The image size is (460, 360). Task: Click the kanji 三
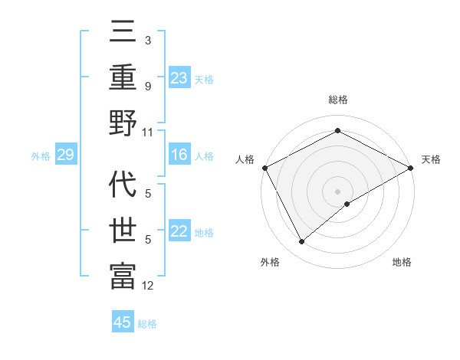(123, 32)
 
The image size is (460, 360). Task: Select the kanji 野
(123, 123)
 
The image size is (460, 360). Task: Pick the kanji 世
(123, 230)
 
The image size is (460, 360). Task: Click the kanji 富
(123, 275)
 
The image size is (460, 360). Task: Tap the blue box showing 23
(179, 77)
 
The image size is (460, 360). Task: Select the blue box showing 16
(179, 155)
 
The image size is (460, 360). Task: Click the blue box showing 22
(179, 232)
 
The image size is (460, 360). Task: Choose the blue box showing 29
(65, 155)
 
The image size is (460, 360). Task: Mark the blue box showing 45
(123, 322)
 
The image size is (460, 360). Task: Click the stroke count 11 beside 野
(148, 133)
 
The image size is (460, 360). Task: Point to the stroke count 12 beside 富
(148, 286)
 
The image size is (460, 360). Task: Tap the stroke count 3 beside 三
(147, 40)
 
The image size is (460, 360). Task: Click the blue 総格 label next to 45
(147, 323)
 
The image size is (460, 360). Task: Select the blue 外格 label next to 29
(41, 156)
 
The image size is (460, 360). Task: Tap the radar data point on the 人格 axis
(264, 168)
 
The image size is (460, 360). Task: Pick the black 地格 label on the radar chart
(402, 262)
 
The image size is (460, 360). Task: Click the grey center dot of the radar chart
(338, 191)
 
